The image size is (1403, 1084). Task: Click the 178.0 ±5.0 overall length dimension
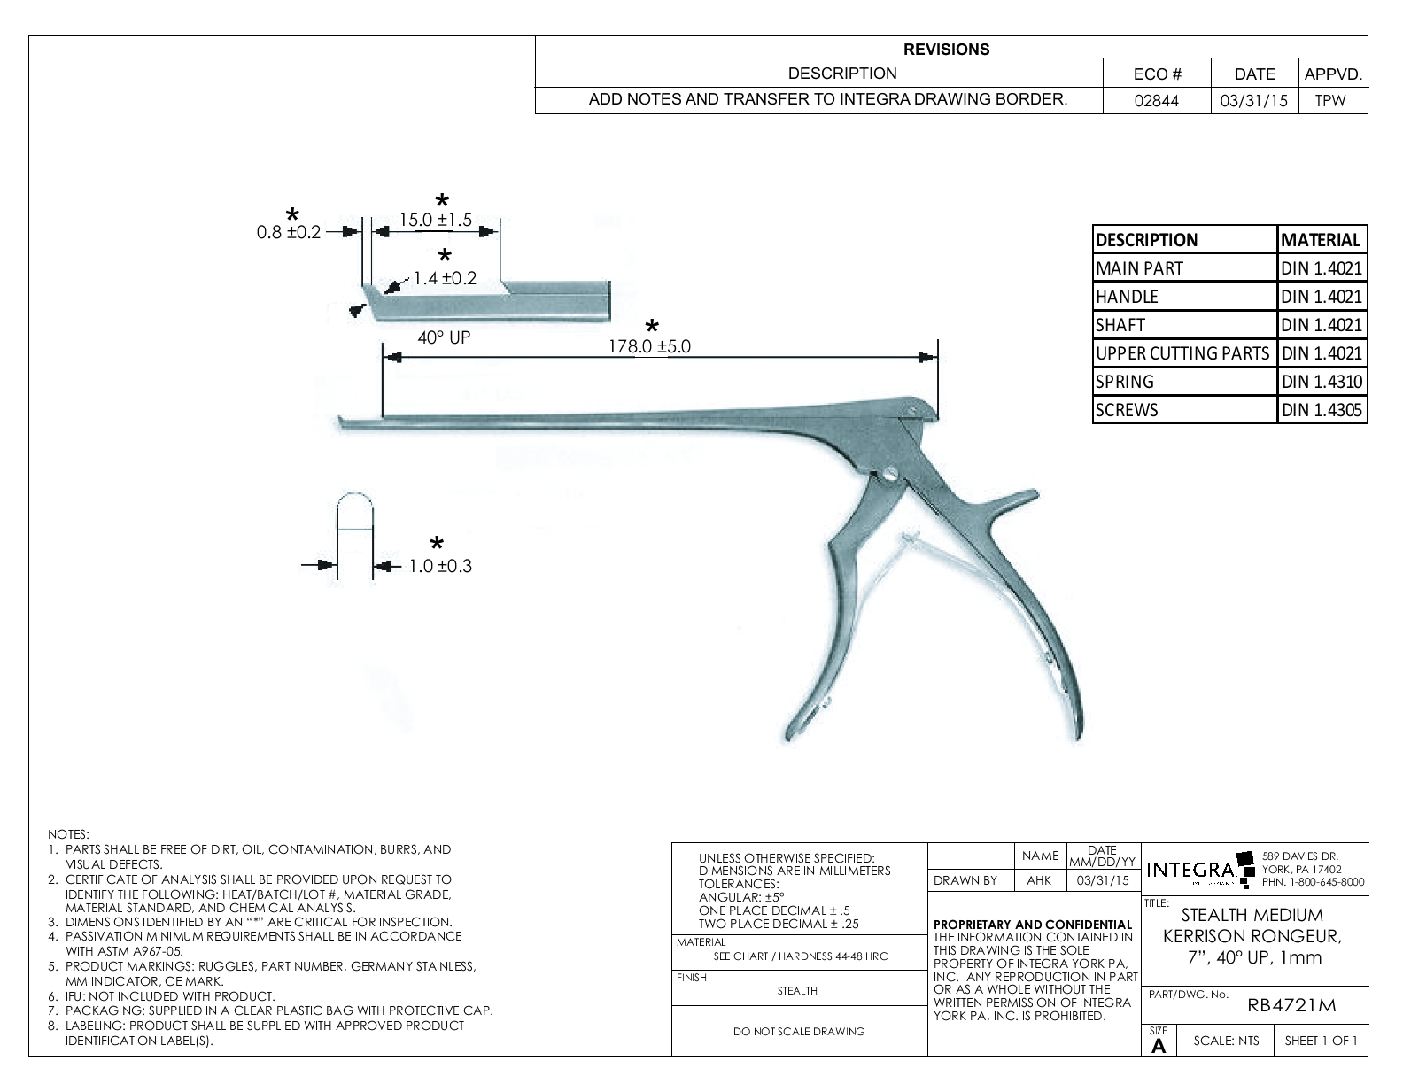(648, 346)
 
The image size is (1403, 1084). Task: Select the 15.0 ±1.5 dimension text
(435, 220)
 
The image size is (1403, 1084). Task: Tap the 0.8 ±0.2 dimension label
(288, 233)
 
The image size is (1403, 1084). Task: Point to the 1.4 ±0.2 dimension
(445, 278)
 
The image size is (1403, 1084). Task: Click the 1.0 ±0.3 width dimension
(439, 566)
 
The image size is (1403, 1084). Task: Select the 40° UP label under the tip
(444, 337)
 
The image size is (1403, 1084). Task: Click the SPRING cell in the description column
(1125, 382)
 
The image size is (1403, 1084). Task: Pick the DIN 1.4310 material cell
(1321, 382)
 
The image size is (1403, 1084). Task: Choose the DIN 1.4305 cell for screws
(1321, 410)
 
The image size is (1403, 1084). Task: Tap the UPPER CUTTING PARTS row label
(1182, 353)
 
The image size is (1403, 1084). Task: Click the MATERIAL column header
(1321, 240)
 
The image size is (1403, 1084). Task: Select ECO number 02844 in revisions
(1156, 101)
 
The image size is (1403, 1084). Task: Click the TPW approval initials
(1330, 101)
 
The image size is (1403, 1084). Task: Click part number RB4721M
(1291, 1005)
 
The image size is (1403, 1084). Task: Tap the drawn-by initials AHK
(1039, 880)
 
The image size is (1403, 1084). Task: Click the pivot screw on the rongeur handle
(888, 476)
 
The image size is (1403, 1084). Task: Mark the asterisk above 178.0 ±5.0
(653, 327)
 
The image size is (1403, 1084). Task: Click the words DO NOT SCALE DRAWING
(799, 1031)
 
